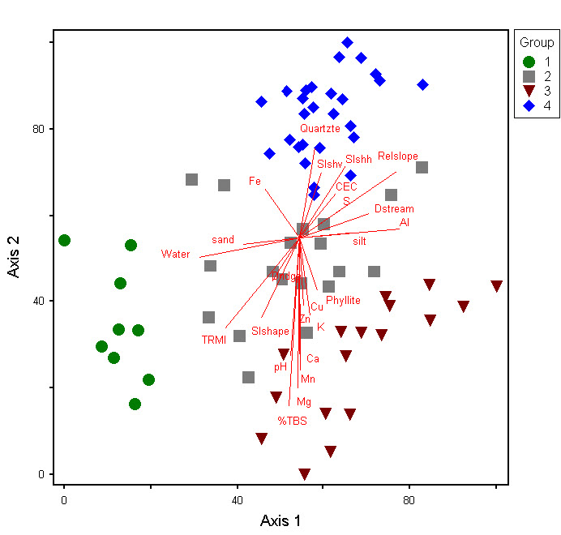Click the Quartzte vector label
point(320,128)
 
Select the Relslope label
point(398,156)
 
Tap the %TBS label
point(293,421)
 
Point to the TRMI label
point(214,340)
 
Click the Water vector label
point(175,255)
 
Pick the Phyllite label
point(343,301)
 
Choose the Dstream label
point(394,209)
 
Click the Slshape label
point(270,331)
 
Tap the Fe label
point(255,181)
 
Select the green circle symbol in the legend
point(529,62)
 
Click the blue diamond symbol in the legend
point(529,105)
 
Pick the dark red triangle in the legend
point(529,91)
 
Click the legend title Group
point(537,42)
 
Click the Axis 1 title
point(280,520)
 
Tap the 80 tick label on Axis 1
point(409,500)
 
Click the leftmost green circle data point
point(65,240)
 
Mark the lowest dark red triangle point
point(304,474)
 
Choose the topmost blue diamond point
point(347,43)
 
